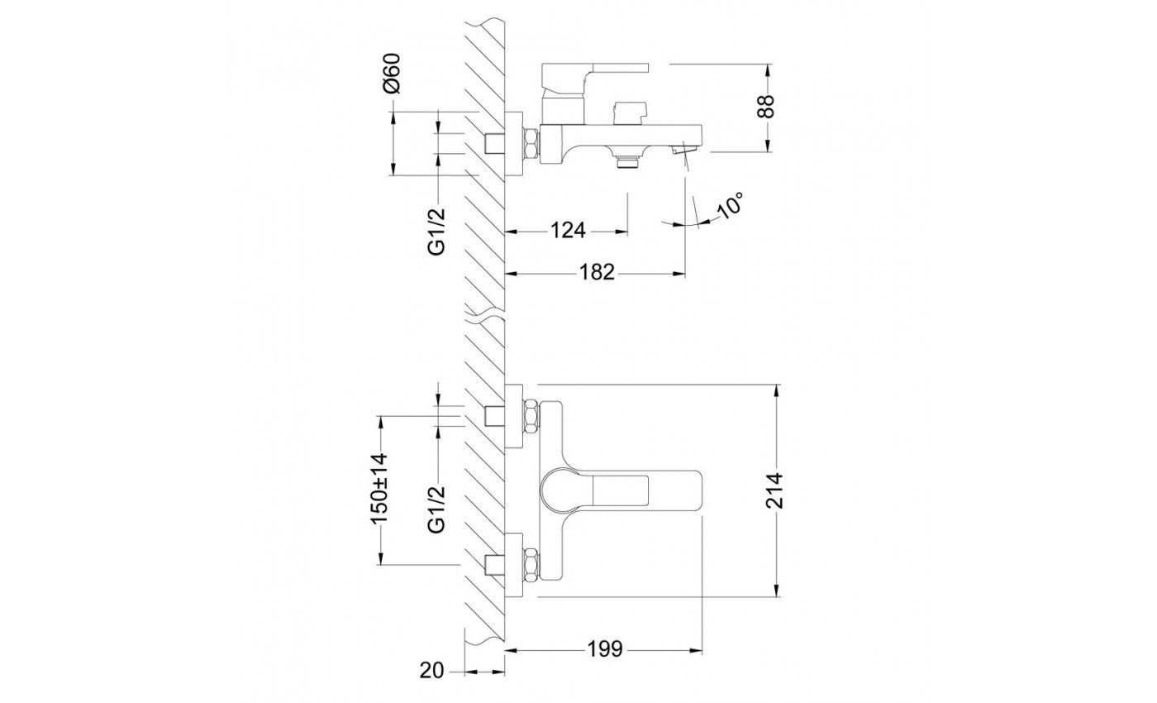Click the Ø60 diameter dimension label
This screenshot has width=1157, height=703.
click(x=393, y=73)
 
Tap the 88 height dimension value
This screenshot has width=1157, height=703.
click(x=768, y=107)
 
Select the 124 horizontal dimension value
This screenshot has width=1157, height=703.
click(x=568, y=231)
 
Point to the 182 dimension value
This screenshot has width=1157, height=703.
click(x=597, y=272)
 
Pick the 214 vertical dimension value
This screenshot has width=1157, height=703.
click(x=775, y=490)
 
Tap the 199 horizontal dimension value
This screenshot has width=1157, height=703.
click(x=605, y=648)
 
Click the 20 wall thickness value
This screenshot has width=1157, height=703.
click(x=431, y=671)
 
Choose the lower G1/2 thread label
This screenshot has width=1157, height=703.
click(x=436, y=509)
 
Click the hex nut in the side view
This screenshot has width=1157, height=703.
click(x=531, y=144)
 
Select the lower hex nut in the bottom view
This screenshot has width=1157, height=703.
click(x=531, y=566)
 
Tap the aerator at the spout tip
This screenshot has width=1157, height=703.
click(x=684, y=150)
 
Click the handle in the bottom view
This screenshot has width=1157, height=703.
click(x=621, y=490)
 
